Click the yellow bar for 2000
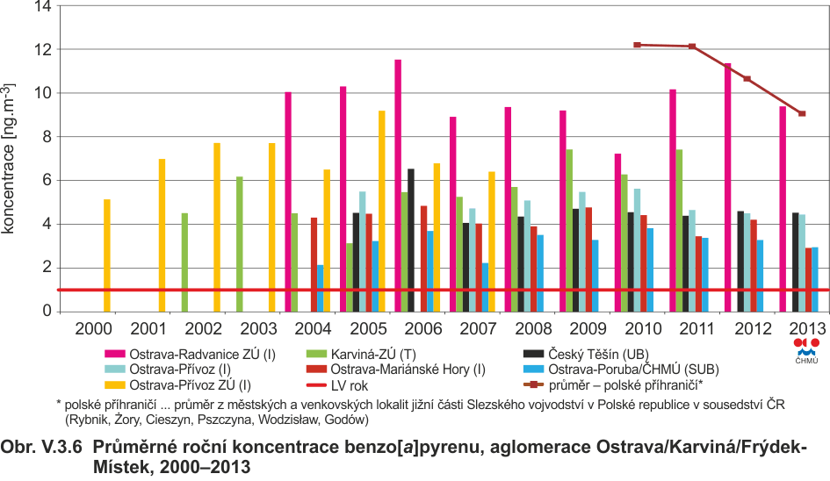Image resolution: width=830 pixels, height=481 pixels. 107,255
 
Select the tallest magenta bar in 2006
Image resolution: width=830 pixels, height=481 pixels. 398,186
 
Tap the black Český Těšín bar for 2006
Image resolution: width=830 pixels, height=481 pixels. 411,240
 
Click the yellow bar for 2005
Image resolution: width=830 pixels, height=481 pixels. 382,212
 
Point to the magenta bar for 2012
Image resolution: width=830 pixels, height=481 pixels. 727,187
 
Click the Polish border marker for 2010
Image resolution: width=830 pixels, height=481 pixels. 638,45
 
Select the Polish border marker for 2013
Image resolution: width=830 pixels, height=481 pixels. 802,114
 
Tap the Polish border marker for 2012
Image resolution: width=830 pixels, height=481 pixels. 747,79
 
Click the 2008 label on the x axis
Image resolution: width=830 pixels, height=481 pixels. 533,328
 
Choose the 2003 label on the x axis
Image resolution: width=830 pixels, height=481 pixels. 258,328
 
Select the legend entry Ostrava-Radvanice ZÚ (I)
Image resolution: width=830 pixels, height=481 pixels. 191,354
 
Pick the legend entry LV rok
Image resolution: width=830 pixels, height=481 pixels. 337,385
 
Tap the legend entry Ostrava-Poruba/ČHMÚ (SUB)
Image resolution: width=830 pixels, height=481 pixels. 621,370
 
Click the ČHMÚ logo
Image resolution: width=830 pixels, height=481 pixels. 806,351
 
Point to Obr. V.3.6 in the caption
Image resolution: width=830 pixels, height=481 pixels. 41,447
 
